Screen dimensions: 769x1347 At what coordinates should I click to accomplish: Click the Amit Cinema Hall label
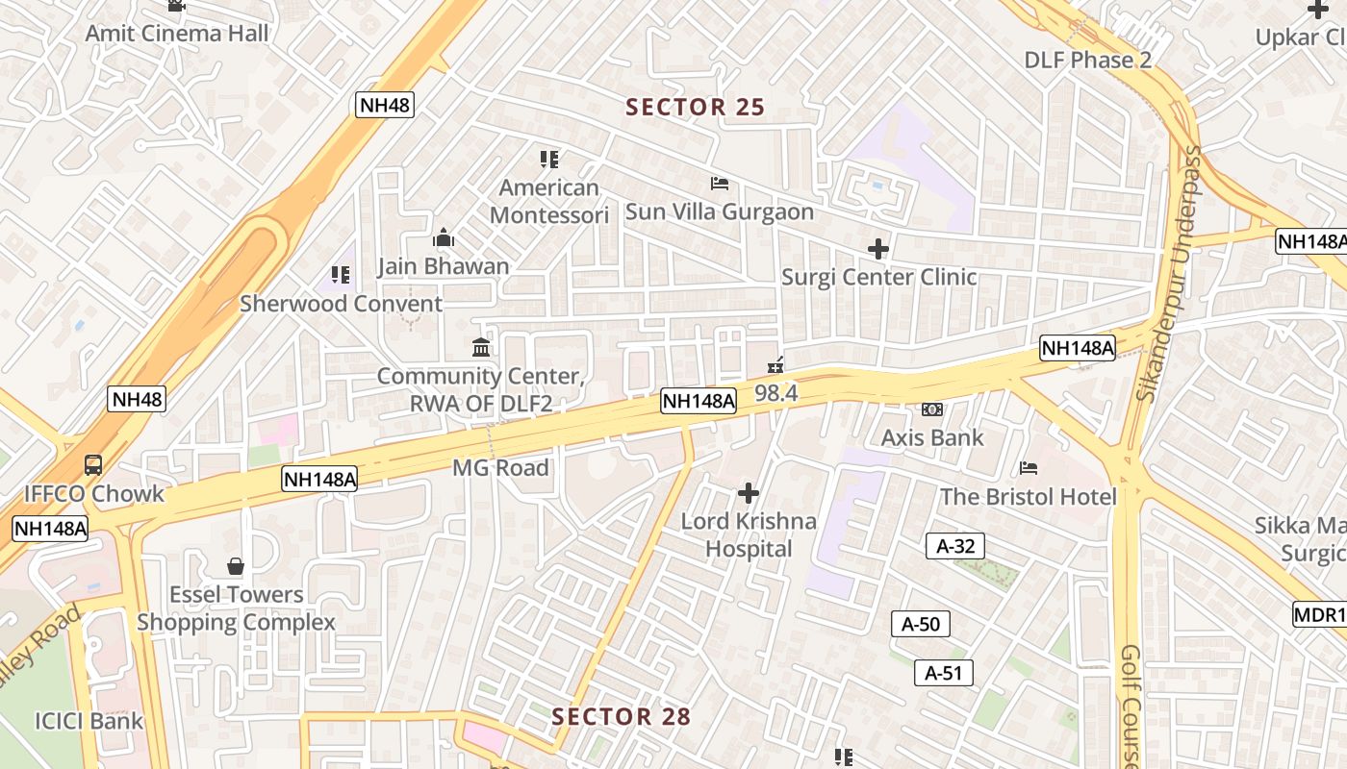click(177, 33)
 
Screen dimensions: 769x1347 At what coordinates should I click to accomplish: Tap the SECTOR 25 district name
click(695, 107)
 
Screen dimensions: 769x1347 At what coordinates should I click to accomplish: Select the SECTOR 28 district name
click(621, 716)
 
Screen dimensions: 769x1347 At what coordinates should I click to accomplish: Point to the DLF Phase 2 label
click(1087, 60)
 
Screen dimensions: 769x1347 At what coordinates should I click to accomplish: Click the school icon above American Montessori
click(549, 159)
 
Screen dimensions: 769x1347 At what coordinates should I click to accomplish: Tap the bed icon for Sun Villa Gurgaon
click(720, 183)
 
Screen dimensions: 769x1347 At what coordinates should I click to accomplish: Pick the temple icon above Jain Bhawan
click(444, 237)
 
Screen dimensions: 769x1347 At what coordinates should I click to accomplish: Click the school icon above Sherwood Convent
click(341, 275)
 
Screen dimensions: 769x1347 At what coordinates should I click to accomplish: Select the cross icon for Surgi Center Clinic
click(877, 249)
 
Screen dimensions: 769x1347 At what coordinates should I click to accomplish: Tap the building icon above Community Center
click(480, 347)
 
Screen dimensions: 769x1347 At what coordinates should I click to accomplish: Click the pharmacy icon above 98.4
click(775, 365)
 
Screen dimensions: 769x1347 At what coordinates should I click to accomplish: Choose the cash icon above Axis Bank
click(931, 409)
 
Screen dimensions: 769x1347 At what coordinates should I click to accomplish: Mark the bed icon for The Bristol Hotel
click(1029, 468)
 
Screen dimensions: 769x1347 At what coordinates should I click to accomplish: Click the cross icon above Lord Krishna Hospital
click(749, 494)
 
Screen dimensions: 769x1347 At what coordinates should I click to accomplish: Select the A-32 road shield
click(954, 546)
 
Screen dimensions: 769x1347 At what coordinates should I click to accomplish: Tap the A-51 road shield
click(943, 673)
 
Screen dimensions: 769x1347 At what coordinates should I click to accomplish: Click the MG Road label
click(500, 468)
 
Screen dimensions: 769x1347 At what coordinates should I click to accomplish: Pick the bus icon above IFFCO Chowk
click(93, 465)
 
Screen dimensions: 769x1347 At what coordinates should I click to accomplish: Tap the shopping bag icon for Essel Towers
click(236, 566)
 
